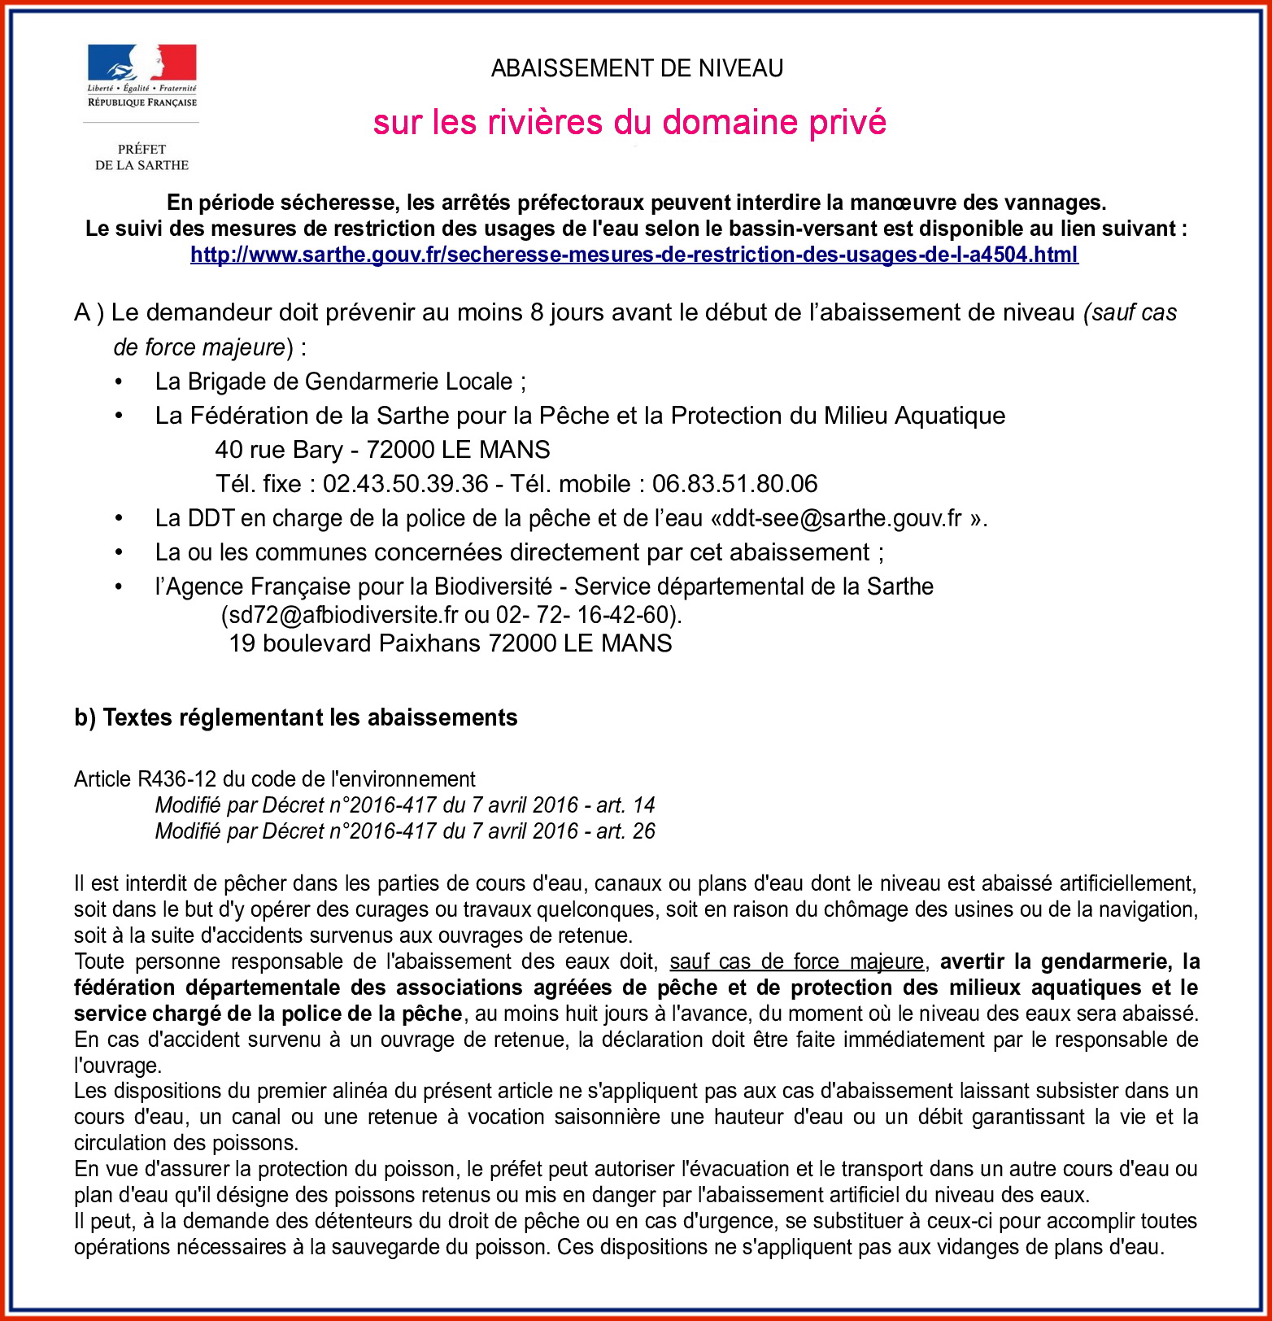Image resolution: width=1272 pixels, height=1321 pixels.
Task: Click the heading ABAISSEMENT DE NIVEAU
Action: pyautogui.click(x=637, y=68)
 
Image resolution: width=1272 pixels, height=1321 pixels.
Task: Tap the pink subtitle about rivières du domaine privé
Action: pyautogui.click(x=629, y=122)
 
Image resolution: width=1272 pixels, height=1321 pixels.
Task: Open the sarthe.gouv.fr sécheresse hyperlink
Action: pyautogui.click(x=634, y=255)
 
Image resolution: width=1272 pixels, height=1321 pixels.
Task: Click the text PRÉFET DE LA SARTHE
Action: pyautogui.click(x=142, y=157)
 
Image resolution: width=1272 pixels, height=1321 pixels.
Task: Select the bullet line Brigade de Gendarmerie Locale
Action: pyautogui.click(x=340, y=381)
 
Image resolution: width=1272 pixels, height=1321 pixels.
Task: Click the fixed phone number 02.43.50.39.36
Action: pyautogui.click(x=405, y=484)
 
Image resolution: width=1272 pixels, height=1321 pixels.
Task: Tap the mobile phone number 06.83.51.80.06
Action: pyautogui.click(x=734, y=484)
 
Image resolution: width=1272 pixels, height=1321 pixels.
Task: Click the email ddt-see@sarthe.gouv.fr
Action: pyautogui.click(x=841, y=518)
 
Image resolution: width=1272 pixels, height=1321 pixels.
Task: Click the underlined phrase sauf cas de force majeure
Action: pyautogui.click(x=796, y=961)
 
